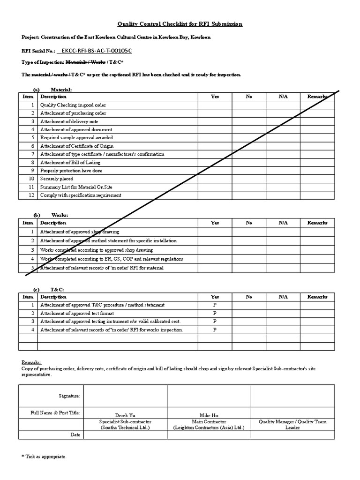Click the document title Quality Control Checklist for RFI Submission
[x=180, y=24]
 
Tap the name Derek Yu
[x=125, y=415]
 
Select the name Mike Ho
[x=209, y=415]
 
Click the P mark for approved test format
[x=215, y=313]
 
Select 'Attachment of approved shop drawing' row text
[x=80, y=232]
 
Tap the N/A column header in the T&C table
[x=283, y=297]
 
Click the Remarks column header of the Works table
[x=317, y=223]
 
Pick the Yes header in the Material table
[x=215, y=97]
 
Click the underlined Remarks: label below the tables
[x=31, y=362]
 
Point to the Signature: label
[x=70, y=396]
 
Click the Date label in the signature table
[x=75, y=435]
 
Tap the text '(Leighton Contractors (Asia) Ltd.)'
[x=209, y=427]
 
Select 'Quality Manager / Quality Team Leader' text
[x=292, y=425]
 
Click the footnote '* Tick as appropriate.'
[x=44, y=456]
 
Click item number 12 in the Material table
[x=32, y=195]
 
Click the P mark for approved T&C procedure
[x=215, y=305]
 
